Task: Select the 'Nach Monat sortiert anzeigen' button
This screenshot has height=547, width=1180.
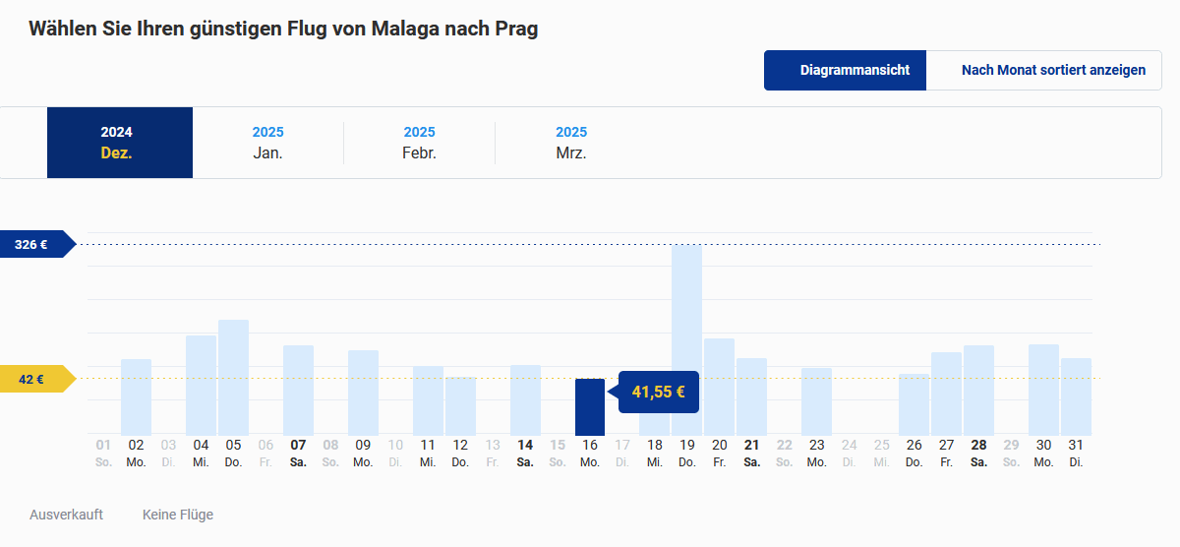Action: tap(1053, 70)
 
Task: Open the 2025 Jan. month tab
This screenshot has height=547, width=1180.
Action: tap(267, 143)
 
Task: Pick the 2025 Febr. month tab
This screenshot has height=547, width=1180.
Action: tap(419, 143)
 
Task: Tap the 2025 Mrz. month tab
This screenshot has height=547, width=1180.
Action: tap(570, 143)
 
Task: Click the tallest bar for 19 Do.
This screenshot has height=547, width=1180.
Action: tap(686, 339)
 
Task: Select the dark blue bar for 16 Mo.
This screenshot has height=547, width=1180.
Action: tap(590, 406)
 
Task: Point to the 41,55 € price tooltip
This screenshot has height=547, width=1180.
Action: tap(658, 392)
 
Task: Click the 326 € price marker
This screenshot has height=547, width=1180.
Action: tap(33, 244)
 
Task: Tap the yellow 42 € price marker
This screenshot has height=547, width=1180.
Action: tap(33, 379)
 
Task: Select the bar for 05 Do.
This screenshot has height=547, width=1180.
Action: tap(233, 377)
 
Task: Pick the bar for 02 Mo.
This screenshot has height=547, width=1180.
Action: tap(136, 396)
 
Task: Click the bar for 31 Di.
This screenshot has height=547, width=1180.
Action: tap(1076, 396)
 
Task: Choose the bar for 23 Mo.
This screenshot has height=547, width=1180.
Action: tap(816, 401)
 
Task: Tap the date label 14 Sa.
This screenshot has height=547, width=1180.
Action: tap(525, 452)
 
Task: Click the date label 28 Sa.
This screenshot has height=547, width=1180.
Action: tap(978, 452)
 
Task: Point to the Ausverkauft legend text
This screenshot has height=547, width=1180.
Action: tap(66, 515)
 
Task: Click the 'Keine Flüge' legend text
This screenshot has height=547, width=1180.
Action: tap(178, 515)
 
